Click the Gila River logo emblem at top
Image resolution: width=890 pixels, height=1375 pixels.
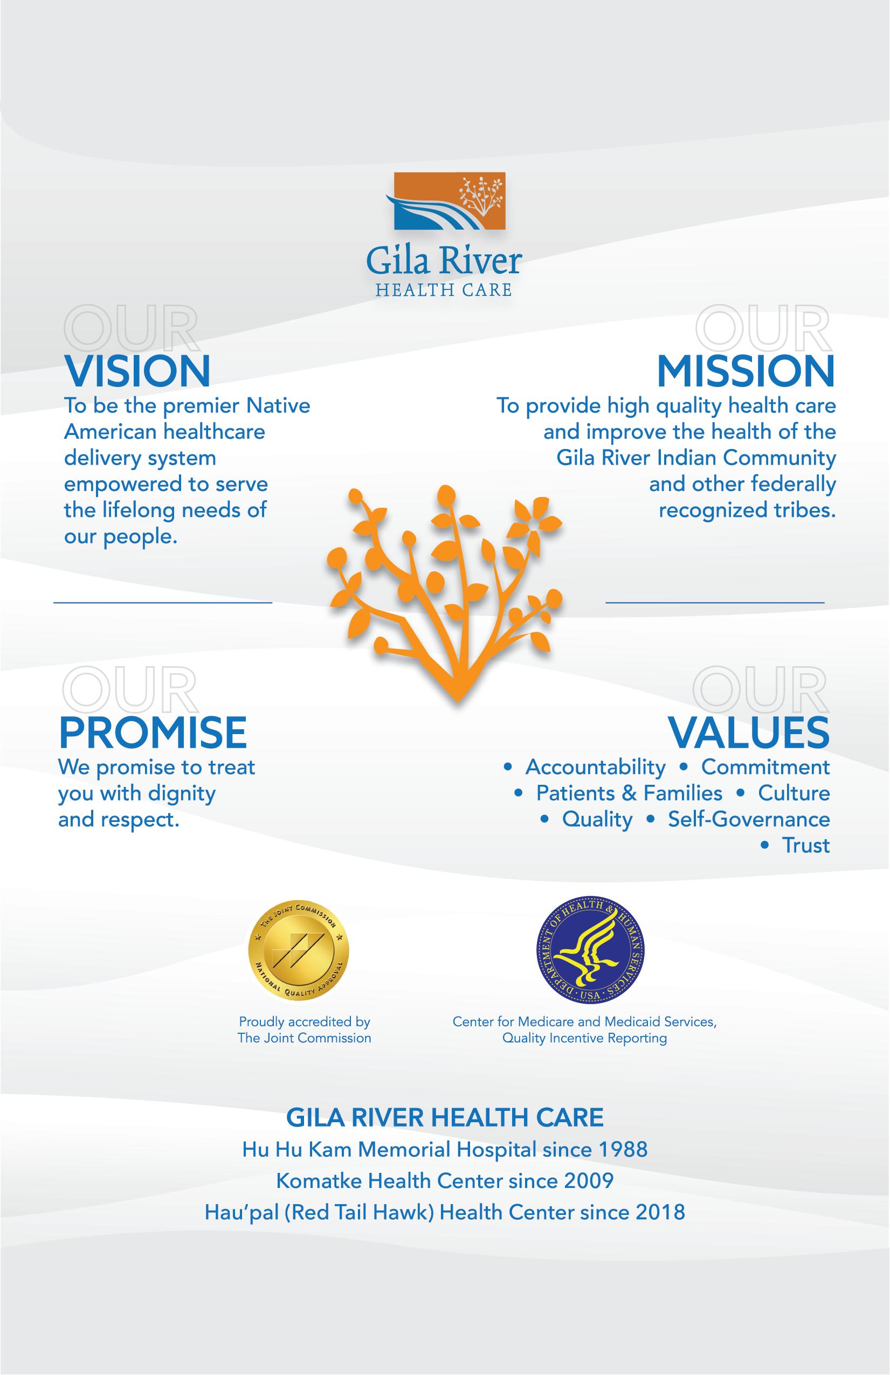tap(446, 201)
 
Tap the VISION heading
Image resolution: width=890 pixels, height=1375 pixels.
tap(137, 371)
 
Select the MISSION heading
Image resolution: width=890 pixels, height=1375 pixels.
tap(746, 371)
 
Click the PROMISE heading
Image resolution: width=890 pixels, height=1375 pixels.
tap(153, 732)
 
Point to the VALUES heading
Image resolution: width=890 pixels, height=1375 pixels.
tap(749, 732)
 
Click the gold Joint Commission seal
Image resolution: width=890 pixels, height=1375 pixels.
tap(299, 952)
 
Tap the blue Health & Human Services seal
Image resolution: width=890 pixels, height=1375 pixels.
tap(591, 952)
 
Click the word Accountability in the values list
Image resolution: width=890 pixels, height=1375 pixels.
tap(595, 767)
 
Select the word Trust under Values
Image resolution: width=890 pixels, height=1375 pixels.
tap(805, 845)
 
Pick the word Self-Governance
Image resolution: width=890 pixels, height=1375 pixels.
tap(749, 819)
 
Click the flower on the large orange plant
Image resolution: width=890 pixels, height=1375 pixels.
tap(537, 522)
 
